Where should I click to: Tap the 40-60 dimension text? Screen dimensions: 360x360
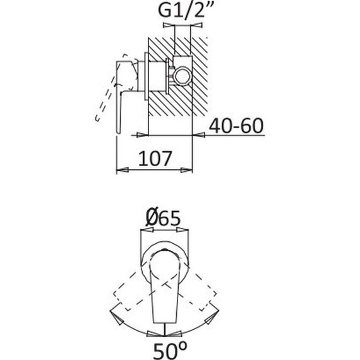click(236, 126)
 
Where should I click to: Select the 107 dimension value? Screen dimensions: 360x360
click(155, 159)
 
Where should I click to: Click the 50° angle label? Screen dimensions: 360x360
click(170, 349)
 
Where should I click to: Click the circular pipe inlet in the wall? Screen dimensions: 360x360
click(183, 76)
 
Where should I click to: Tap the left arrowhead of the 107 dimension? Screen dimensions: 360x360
click(122, 170)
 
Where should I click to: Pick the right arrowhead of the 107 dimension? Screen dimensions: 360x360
click(186, 170)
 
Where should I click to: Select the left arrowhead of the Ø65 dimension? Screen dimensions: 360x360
click(147, 230)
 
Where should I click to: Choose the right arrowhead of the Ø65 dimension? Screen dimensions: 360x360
click(183, 230)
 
